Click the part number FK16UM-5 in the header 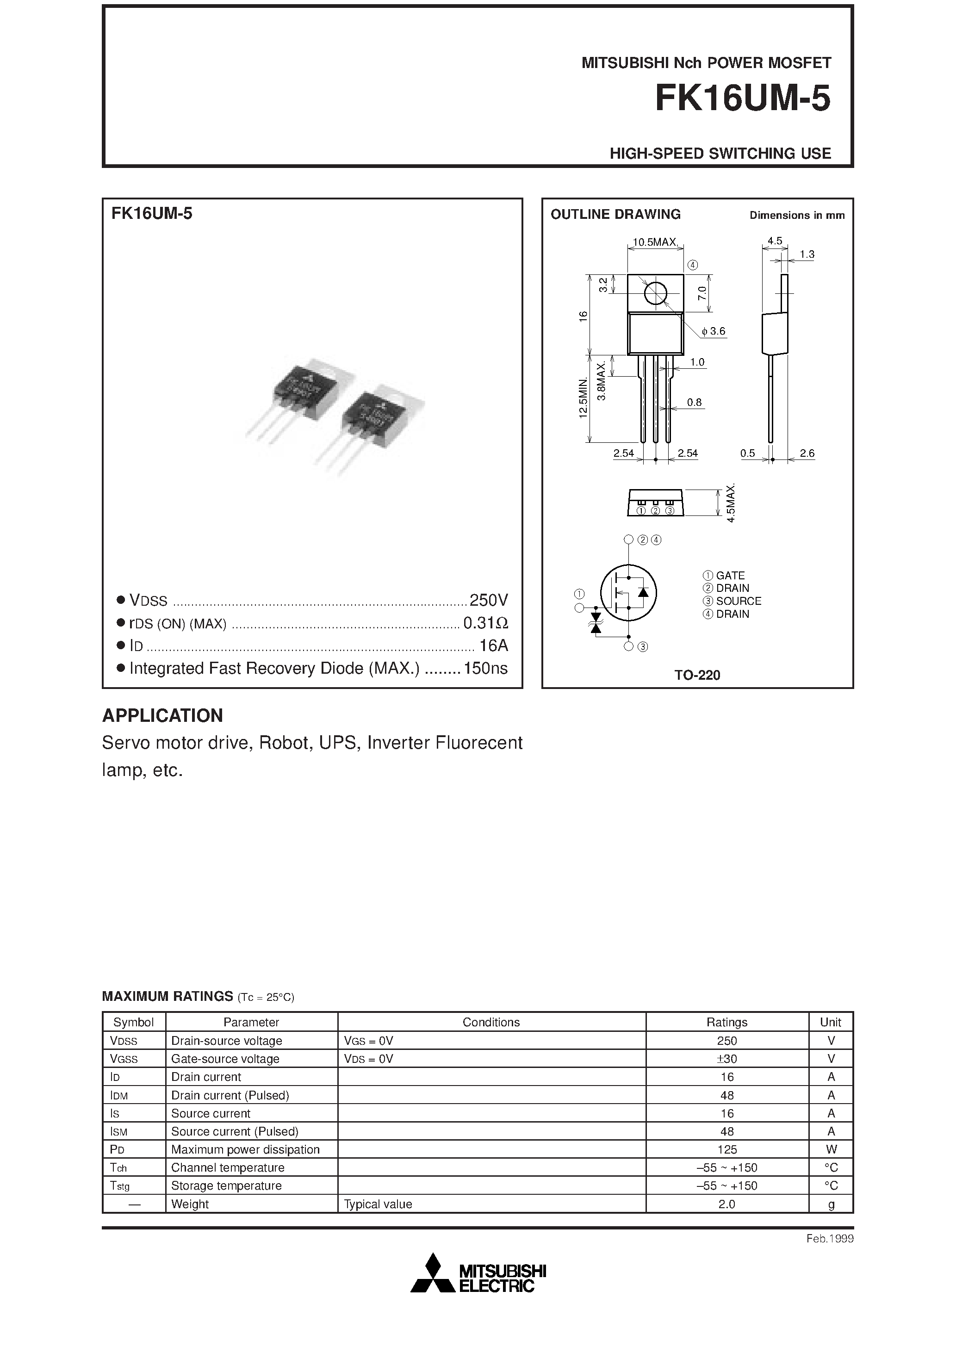click(x=742, y=99)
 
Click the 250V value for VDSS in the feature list click(x=488, y=600)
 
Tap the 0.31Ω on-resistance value click(x=485, y=623)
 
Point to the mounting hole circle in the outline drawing click(x=655, y=293)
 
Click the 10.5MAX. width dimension click(x=655, y=242)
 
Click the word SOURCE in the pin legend click(x=739, y=601)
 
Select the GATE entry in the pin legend click(x=730, y=575)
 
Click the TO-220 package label click(x=697, y=675)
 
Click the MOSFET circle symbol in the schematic click(x=628, y=592)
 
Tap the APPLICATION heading click(x=163, y=715)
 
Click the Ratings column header click(x=727, y=1023)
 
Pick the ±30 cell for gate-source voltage click(x=727, y=1059)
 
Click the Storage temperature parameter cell click(x=226, y=1185)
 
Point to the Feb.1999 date click(x=829, y=1239)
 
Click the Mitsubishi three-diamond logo click(x=433, y=1273)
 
